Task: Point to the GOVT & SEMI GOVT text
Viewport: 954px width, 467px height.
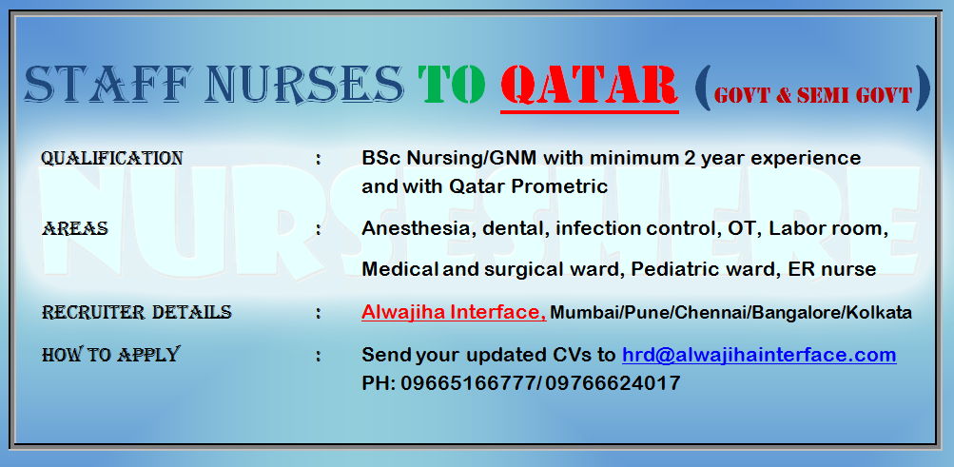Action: pyautogui.click(x=813, y=94)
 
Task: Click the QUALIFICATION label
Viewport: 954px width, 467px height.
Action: pyautogui.click(x=111, y=159)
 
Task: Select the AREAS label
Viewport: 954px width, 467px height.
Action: pyautogui.click(x=75, y=229)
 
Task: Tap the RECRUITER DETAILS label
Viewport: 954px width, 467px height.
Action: pyautogui.click(x=136, y=313)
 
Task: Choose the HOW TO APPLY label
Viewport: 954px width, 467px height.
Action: pyautogui.click(x=110, y=354)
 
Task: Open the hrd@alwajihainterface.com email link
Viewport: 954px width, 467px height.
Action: pyautogui.click(x=759, y=355)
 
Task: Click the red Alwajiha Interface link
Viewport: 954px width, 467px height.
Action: pyautogui.click(x=454, y=313)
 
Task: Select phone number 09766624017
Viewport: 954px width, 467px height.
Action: pyautogui.click(x=613, y=383)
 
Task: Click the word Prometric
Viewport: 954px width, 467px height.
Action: pyautogui.click(x=559, y=186)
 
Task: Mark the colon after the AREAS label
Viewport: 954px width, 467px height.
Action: pyautogui.click(x=319, y=229)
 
